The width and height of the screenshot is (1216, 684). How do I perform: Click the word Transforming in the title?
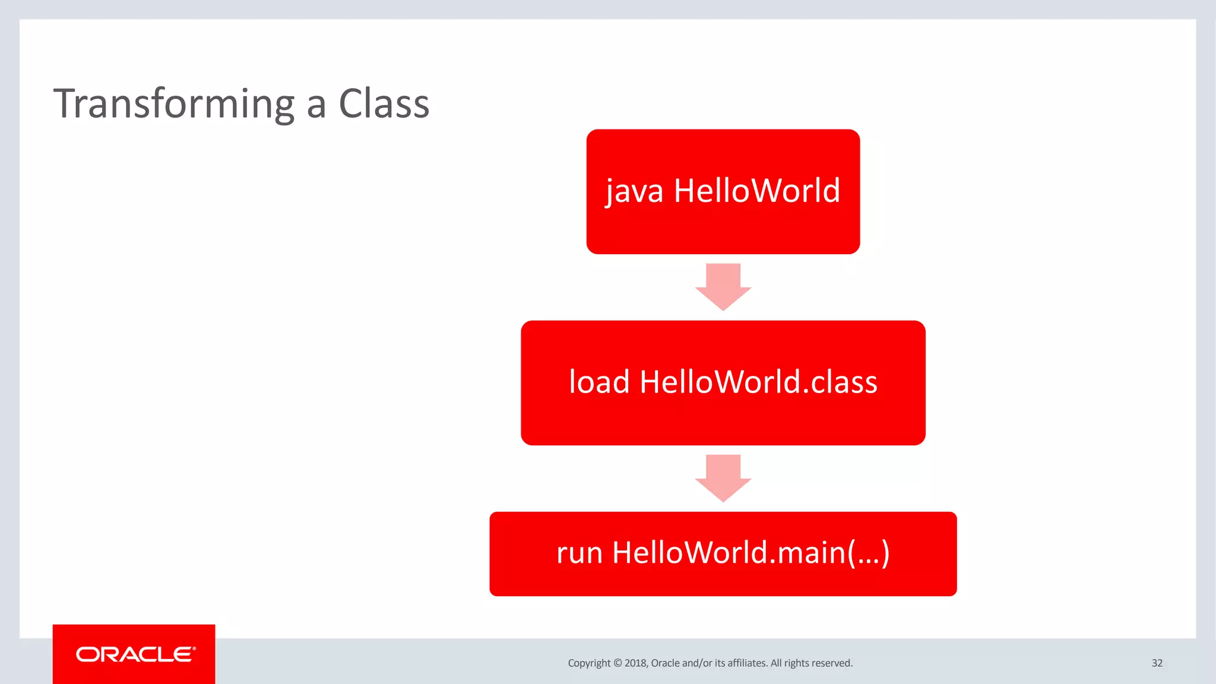click(x=174, y=104)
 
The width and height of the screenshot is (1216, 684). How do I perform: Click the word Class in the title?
click(x=384, y=104)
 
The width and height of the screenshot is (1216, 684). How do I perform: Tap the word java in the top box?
click(x=634, y=192)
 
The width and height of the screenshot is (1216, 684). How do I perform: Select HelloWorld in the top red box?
click(x=757, y=191)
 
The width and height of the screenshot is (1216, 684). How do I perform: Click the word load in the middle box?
click(x=598, y=382)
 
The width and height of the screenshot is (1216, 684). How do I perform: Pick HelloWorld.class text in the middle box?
click(x=758, y=382)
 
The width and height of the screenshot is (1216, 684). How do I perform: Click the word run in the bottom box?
click(x=579, y=553)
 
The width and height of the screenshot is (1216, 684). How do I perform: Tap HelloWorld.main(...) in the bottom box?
click(x=750, y=553)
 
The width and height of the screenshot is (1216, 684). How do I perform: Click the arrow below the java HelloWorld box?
click(x=723, y=287)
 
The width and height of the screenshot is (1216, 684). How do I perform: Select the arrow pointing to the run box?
click(x=723, y=478)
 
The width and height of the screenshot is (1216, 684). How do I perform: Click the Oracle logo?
click(x=134, y=654)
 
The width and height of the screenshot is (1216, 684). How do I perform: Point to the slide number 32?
click(x=1157, y=663)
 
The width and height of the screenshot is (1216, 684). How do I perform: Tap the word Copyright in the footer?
click(x=588, y=663)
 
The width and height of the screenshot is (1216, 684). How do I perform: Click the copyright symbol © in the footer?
click(x=617, y=663)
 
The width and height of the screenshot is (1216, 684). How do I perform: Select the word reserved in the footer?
click(x=832, y=663)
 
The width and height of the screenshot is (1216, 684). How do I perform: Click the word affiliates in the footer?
click(x=747, y=663)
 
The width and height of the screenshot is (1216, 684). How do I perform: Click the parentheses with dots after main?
click(x=868, y=553)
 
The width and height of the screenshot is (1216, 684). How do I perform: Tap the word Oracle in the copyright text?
click(x=665, y=663)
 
